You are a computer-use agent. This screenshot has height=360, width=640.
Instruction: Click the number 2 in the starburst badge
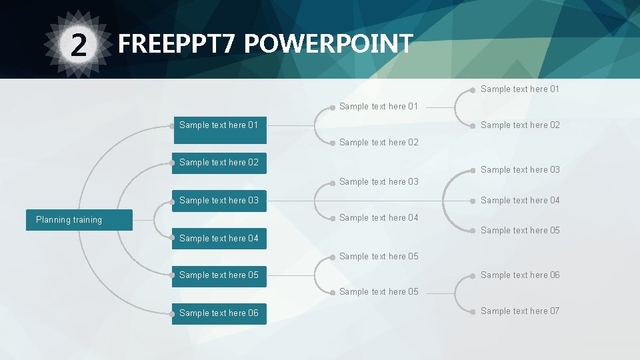79,45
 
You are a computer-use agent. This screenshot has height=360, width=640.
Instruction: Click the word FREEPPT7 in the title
177,44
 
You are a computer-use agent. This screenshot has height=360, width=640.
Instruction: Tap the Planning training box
79,220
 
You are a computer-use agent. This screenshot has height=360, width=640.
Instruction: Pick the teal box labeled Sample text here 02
219,163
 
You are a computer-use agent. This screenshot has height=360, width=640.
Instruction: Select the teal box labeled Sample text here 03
219,201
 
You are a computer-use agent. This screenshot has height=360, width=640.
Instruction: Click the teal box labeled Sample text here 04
219,238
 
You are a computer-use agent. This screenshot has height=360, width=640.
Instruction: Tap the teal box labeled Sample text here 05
219,275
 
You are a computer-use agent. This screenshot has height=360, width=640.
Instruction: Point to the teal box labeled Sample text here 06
219,313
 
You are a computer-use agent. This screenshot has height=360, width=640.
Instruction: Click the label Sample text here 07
520,311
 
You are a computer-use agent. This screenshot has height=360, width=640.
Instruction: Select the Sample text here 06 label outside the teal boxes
520,275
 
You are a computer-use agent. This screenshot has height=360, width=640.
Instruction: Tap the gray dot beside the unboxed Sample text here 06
474,275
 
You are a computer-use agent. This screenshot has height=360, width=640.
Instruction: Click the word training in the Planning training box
88,220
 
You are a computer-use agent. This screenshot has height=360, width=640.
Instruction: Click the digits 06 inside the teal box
253,313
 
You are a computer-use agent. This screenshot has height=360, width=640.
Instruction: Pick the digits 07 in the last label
554,311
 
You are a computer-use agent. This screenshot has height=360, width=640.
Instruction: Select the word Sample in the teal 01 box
194,125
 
